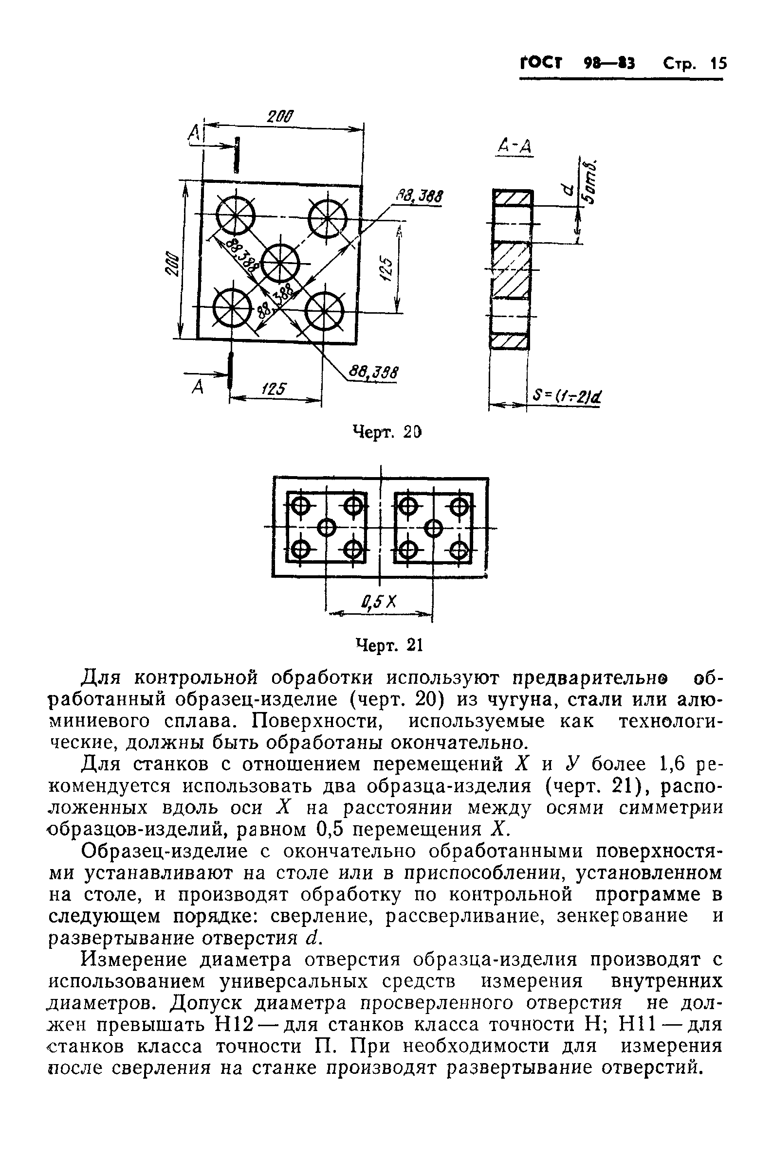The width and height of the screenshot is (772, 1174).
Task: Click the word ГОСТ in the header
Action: pyautogui.click(x=541, y=64)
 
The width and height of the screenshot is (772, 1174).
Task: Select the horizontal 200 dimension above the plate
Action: pyautogui.click(x=280, y=117)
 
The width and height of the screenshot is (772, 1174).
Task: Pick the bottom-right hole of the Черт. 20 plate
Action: pyautogui.click(x=324, y=311)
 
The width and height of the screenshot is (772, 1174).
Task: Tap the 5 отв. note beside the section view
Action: pyautogui.click(x=591, y=182)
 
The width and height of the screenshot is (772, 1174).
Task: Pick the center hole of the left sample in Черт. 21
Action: pyautogui.click(x=326, y=528)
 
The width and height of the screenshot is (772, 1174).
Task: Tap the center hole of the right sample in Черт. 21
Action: pyautogui.click(x=433, y=528)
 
